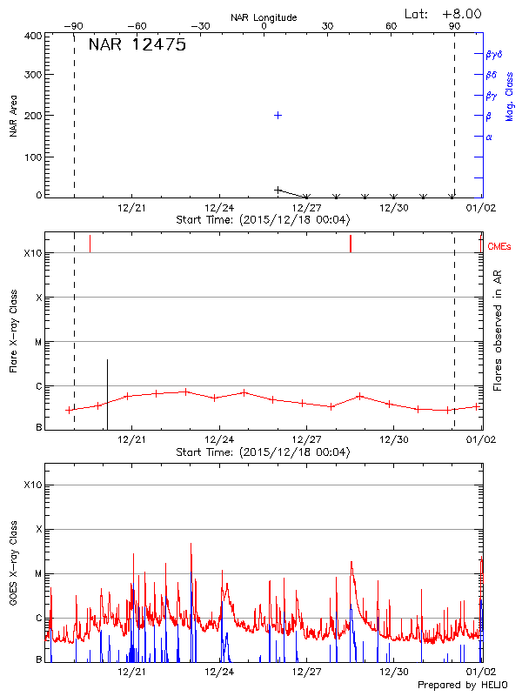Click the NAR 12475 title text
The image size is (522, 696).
(137, 46)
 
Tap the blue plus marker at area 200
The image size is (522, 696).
(278, 115)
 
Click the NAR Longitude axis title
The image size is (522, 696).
(264, 17)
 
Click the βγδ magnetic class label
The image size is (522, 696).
(493, 55)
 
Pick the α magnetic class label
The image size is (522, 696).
(489, 137)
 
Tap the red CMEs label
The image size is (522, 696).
(499, 247)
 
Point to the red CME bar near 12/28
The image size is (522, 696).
(351, 244)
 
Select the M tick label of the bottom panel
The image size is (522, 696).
(37, 574)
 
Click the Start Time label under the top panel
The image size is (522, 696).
(263, 220)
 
